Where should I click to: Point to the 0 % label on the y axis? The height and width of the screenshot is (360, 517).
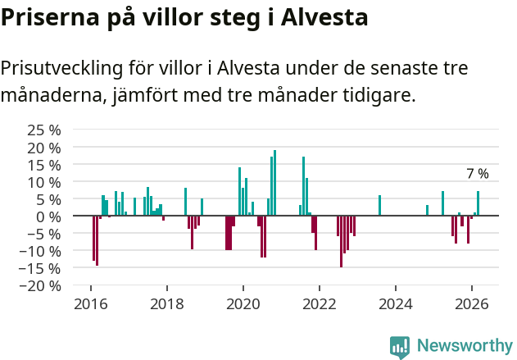[48, 216]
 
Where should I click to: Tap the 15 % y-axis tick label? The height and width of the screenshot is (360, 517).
[44, 164]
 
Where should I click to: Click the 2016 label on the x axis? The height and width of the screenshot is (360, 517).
[90, 303]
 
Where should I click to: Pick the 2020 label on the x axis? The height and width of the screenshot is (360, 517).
[243, 303]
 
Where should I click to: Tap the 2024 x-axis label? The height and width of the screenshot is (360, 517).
[396, 303]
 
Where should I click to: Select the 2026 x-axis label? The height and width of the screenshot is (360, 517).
[472, 303]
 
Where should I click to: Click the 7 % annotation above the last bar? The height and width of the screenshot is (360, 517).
[477, 174]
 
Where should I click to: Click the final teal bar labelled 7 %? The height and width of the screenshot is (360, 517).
[478, 203]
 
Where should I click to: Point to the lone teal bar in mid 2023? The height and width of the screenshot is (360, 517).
[379, 206]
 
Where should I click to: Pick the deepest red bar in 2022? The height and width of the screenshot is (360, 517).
[341, 241]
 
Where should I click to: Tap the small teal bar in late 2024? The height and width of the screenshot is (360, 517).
[427, 211]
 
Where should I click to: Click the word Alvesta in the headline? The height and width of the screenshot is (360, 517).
[324, 17]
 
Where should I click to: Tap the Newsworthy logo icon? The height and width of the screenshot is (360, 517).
[400, 347]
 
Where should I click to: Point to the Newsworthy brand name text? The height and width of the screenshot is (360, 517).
[465, 347]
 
